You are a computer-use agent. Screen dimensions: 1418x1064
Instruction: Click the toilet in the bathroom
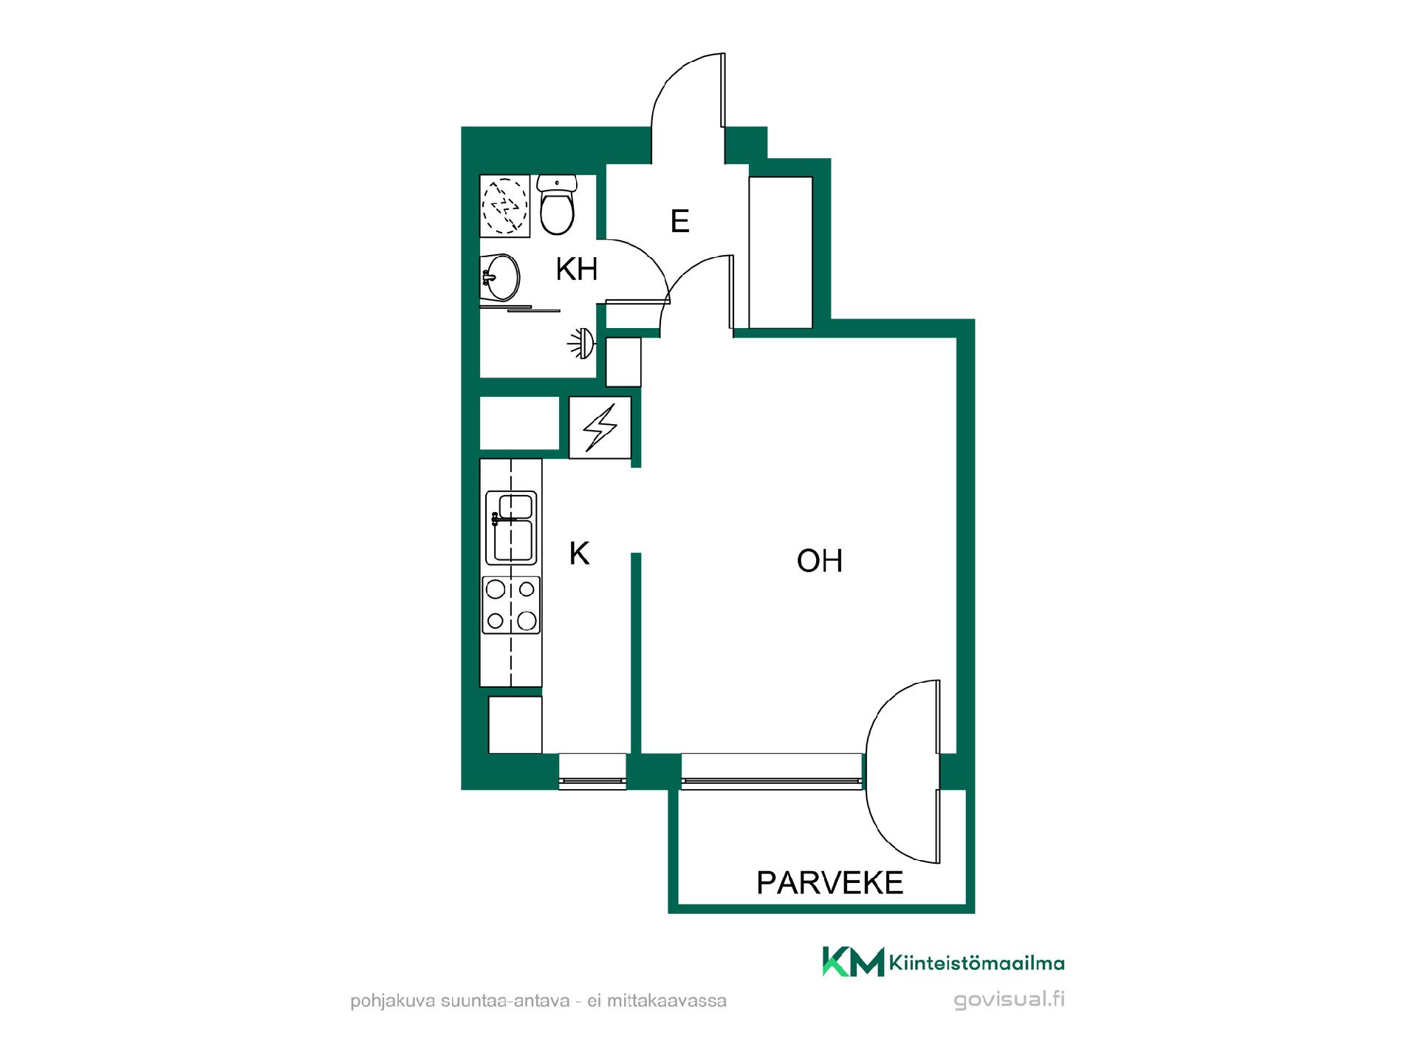pos(557,205)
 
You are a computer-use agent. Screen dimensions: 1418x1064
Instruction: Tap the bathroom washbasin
pos(500,277)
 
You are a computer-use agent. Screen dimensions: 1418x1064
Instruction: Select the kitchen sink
pos(511,528)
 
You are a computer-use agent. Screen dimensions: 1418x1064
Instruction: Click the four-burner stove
pos(511,605)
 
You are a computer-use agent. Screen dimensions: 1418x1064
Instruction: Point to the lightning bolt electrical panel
pos(600,427)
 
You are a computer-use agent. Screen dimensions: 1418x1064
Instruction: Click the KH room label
pos(577,270)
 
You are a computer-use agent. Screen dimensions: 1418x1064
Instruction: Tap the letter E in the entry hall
pos(680,221)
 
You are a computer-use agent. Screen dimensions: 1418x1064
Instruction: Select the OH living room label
pos(820,561)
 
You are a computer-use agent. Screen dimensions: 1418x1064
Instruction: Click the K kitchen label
pos(580,553)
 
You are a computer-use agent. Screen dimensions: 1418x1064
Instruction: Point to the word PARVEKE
pos(830,882)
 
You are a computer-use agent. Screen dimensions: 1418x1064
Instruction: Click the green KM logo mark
pos(853,961)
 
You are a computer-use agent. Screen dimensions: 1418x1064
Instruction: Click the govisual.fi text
pos(1010,1000)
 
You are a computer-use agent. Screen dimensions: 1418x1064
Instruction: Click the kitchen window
pos(592,771)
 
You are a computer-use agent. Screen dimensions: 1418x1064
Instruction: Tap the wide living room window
pos(772,771)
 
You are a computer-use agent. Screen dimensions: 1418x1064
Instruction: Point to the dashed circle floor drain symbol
pos(505,205)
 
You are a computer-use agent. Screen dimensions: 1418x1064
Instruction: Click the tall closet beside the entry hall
pos(781,252)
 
